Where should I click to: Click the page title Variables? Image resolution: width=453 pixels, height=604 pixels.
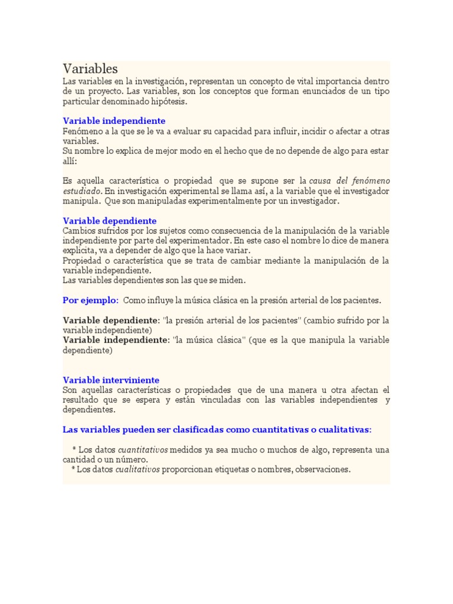[x=90, y=68]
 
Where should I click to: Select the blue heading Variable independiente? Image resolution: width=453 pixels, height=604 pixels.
[x=114, y=121]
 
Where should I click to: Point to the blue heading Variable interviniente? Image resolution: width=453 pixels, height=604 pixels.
[x=111, y=380]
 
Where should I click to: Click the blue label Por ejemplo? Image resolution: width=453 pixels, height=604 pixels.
[x=91, y=300]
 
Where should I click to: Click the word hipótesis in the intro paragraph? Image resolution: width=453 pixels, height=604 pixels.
[x=169, y=101]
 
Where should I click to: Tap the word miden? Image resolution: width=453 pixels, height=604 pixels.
[x=234, y=280]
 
